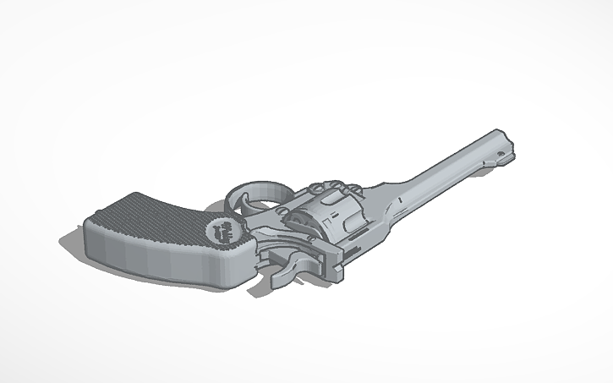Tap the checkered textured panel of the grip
pyautogui.click(x=152, y=218)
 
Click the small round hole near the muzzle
pyautogui.click(x=506, y=152)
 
